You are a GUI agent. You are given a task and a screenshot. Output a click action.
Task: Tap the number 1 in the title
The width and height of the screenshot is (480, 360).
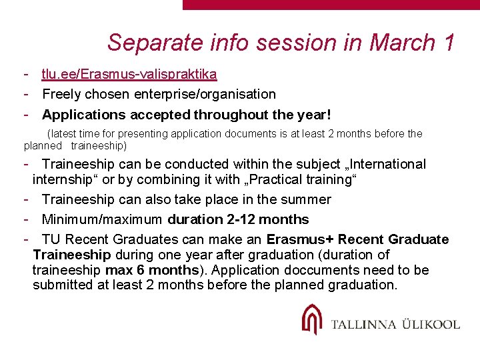448,43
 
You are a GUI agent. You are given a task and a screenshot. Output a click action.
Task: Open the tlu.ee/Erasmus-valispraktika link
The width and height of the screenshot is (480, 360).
129,75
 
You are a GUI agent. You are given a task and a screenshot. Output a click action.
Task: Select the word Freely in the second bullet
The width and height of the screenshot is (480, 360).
63,95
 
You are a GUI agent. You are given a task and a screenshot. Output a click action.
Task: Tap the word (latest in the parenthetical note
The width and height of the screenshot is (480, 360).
61,134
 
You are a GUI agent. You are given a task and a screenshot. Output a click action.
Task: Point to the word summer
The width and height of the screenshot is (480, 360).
306,199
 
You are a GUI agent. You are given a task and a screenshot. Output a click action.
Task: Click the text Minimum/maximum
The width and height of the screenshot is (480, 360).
102,219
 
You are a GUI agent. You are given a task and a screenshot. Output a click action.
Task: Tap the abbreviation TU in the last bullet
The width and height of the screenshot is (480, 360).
51,239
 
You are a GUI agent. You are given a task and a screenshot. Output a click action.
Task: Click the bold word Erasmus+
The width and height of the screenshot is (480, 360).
297,239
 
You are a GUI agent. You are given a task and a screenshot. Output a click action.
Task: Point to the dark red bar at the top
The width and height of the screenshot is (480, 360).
331,5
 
